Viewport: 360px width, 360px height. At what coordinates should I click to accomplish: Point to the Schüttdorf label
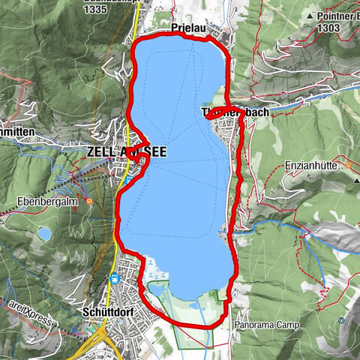(x=103, y=310)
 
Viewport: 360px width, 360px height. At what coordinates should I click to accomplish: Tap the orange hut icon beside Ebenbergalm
(x=89, y=200)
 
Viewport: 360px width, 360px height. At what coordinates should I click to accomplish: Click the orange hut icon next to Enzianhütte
(x=348, y=162)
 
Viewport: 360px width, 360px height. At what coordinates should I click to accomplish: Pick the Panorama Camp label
(x=266, y=325)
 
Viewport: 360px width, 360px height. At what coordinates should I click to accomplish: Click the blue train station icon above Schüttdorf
(x=115, y=280)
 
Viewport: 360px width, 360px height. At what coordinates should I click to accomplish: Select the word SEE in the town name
(x=153, y=150)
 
